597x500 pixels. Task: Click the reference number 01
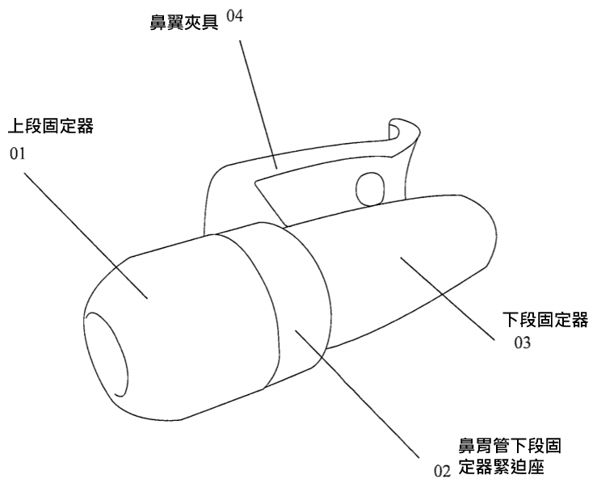coord(18,153)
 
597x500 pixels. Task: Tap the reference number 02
coord(442,472)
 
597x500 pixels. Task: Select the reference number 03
coord(523,342)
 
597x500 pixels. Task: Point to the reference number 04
coord(235,16)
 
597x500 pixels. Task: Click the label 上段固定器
coord(51,127)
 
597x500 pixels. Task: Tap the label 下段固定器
coord(545,320)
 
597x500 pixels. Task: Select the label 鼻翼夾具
coord(184,22)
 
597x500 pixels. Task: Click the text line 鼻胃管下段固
coord(510,446)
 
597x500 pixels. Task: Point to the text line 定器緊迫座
coord(501,467)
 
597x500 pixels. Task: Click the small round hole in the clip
coord(370,189)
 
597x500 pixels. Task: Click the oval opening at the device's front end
coord(106,354)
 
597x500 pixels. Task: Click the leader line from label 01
coord(86,235)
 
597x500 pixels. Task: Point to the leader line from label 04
coord(259,104)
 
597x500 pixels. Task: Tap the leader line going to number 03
coord(448,298)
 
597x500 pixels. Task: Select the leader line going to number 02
coord(357,393)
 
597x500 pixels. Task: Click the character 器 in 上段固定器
coord(85,127)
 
